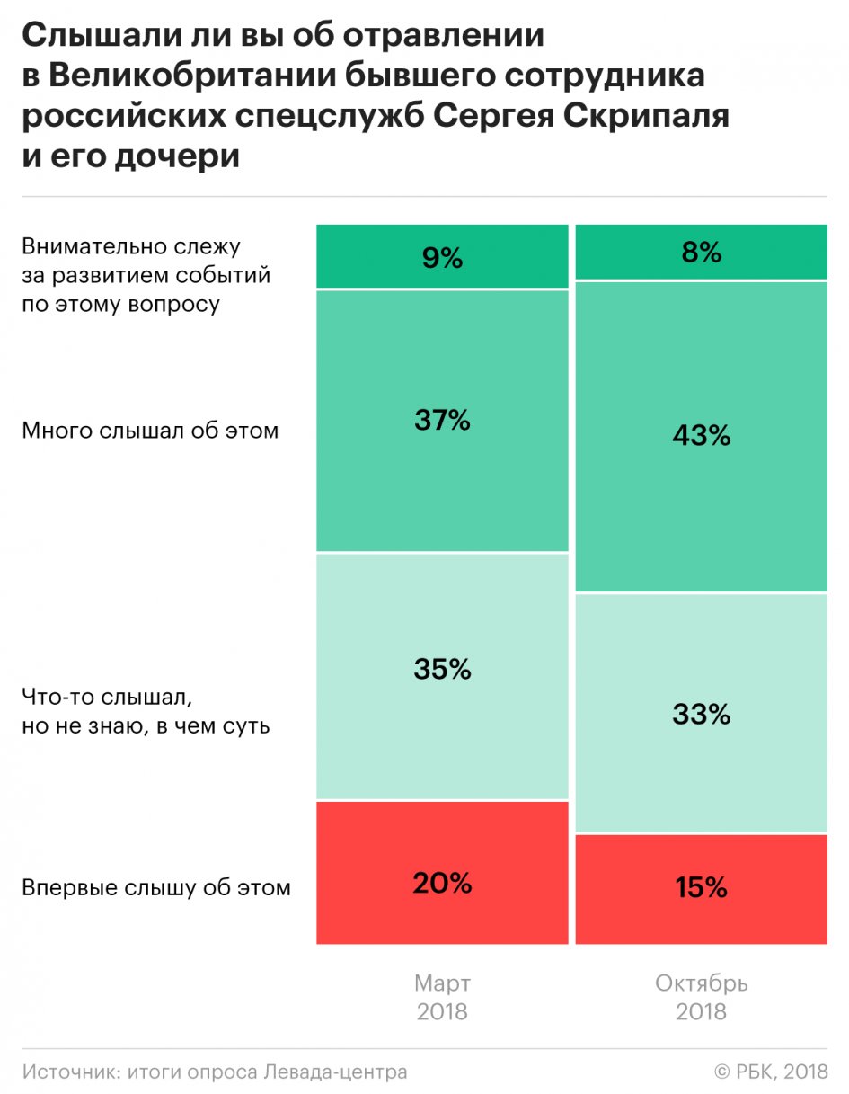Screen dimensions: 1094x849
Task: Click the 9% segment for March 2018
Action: click(442, 257)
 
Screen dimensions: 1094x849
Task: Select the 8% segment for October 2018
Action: click(701, 253)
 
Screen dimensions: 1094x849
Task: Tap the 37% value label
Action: click(442, 420)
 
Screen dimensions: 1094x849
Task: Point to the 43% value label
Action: click(701, 436)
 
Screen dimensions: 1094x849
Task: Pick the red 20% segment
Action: click(442, 872)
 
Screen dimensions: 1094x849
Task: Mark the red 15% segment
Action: click(701, 888)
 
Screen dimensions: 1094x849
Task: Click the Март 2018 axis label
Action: click(442, 997)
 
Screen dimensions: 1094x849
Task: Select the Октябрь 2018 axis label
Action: click(701, 997)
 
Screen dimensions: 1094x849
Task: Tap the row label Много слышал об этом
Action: click(150, 431)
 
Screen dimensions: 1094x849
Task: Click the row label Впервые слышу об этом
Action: click(156, 888)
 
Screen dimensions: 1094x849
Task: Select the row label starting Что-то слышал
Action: click(146, 711)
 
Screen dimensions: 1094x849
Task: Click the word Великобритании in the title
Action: click(190, 77)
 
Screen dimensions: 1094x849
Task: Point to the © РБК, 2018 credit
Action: click(771, 1072)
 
